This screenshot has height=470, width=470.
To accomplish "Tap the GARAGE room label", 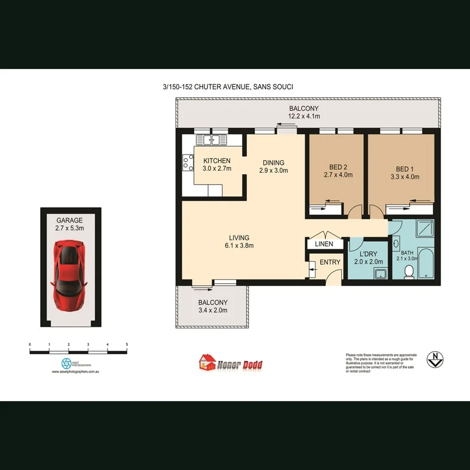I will coord(69,221).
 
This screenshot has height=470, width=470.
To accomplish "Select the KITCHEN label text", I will coord(217,160).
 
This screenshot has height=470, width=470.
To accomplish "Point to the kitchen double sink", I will coord(211,140).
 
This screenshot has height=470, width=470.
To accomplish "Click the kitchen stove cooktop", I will coord(187,163).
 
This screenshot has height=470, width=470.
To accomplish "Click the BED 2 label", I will coord(335,167).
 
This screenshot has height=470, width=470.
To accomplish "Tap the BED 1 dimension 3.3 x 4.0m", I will coord(405,177).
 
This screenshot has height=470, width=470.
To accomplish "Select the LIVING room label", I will coord(238,238).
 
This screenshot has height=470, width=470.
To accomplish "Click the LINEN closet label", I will coord(324,244).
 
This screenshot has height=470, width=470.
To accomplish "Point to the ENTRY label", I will coord(330,262).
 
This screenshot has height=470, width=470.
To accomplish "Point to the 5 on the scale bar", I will coord(127,344).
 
